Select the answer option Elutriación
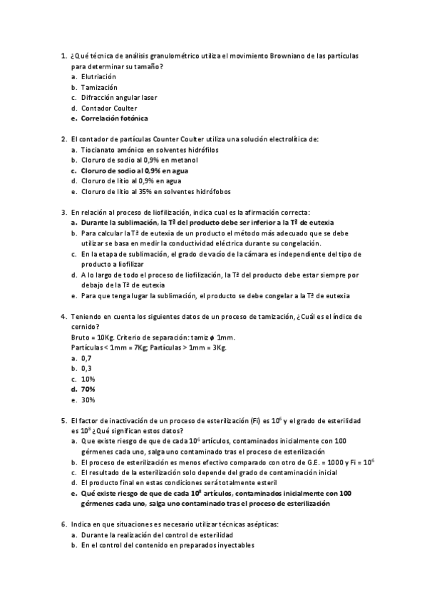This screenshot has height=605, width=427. [x=98, y=76]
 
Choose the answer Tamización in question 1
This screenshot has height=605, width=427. [x=99, y=87]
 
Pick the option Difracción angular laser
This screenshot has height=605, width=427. [x=119, y=98]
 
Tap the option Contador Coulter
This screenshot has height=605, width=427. [x=108, y=108]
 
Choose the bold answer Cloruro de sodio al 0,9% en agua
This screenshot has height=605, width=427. [x=130, y=171]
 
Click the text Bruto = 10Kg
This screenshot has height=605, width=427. [x=88, y=337]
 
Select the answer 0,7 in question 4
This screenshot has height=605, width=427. [x=86, y=358]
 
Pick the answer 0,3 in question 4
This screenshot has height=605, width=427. [x=86, y=368]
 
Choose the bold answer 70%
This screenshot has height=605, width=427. [x=88, y=390]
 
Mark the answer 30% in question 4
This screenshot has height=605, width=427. [x=88, y=400]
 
